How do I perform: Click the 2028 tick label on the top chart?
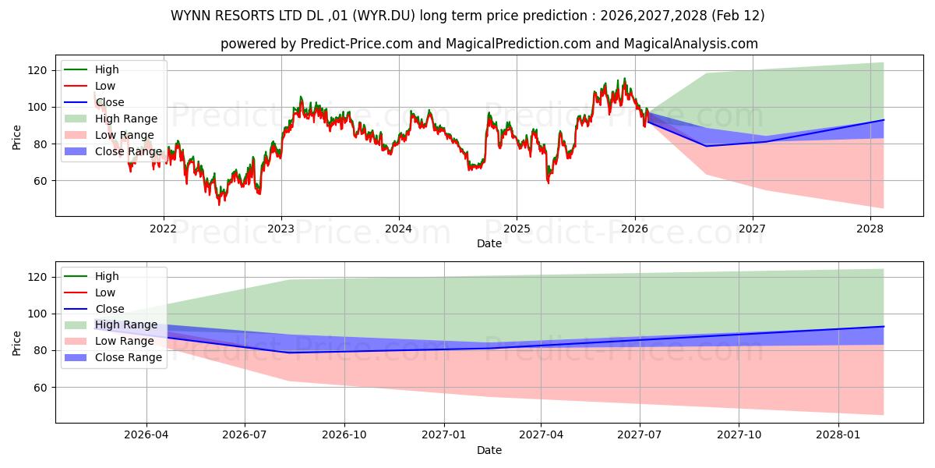[x=870, y=229]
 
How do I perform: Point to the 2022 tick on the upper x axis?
[x=163, y=229]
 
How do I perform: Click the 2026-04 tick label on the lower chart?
[x=146, y=435]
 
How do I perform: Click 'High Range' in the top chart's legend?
[x=126, y=119]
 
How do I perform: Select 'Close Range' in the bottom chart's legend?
[x=129, y=357]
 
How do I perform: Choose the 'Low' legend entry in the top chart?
[x=105, y=86]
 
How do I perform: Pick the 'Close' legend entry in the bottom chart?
[x=109, y=309]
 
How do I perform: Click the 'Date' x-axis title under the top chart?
[x=489, y=243]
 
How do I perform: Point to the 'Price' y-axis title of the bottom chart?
[x=17, y=342]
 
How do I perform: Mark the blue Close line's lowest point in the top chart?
[x=707, y=146]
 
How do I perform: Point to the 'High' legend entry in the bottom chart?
[x=107, y=276]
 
